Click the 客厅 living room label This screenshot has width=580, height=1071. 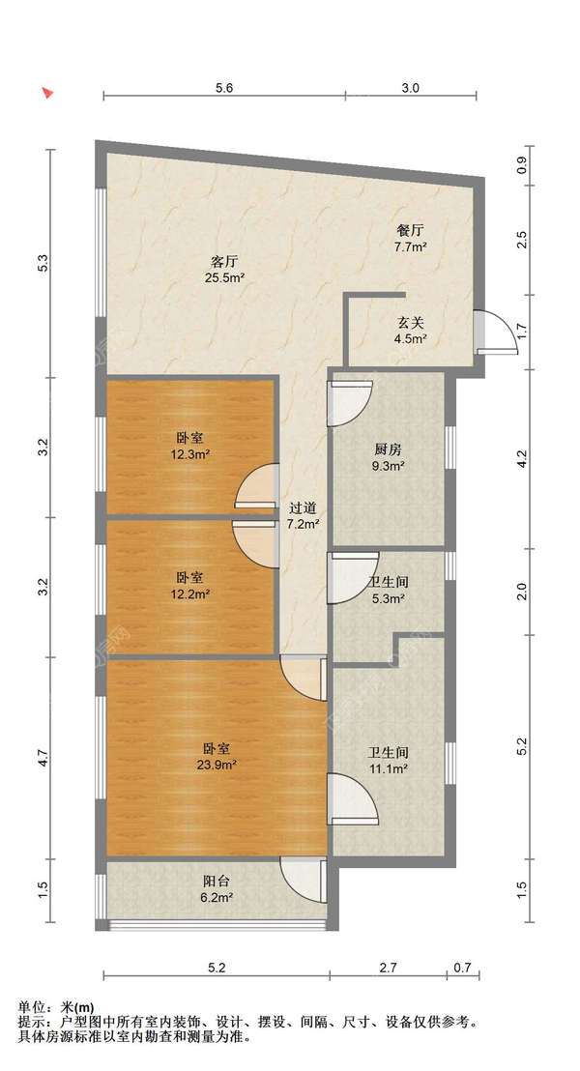[224, 261]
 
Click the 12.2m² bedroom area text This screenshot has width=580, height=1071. [189, 593]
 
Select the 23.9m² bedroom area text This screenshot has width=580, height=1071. [217, 765]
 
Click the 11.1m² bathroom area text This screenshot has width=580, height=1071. [388, 769]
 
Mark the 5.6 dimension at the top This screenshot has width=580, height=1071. [224, 87]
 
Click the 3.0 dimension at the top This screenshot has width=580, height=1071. [411, 87]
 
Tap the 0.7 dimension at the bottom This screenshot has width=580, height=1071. [462, 968]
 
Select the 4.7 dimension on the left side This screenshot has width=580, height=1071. [43, 758]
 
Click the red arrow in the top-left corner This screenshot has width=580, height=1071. [47, 93]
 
